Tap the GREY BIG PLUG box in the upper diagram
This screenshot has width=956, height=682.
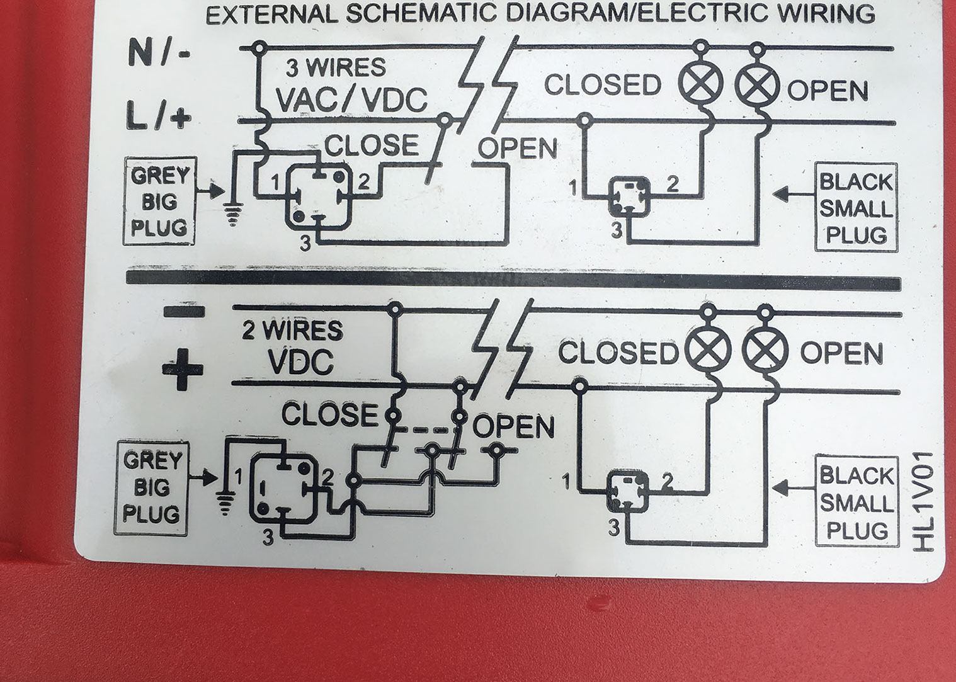point(159,202)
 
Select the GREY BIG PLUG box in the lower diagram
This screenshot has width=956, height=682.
point(152,487)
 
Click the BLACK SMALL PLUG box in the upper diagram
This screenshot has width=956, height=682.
point(856,208)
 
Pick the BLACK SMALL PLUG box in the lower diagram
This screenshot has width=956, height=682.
point(856,503)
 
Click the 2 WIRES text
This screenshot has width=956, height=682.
point(293,331)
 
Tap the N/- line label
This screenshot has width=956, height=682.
point(158,52)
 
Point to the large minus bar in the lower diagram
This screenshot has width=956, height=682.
point(183,310)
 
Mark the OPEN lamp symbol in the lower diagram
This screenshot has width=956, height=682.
point(765,350)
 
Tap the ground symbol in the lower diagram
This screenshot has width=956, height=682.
point(224,502)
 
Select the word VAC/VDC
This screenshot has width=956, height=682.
point(352,100)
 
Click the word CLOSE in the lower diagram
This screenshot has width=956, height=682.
point(329,414)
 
